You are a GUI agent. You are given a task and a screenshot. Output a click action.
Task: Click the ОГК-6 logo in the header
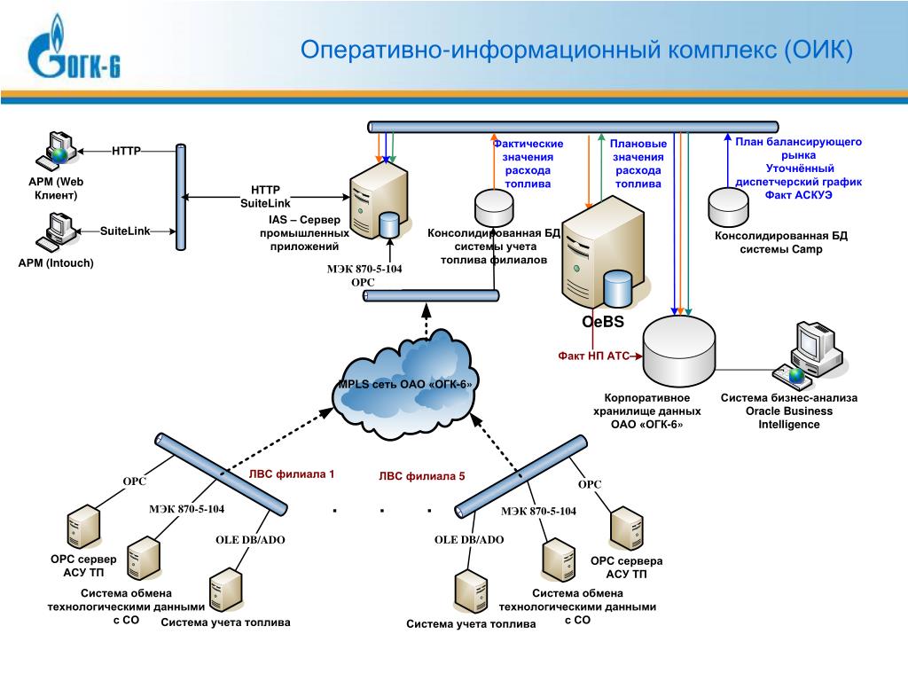click(x=74, y=48)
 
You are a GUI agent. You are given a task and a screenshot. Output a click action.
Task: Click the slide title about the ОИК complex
click(x=576, y=50)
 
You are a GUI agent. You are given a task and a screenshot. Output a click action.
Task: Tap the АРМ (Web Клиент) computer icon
click(x=56, y=149)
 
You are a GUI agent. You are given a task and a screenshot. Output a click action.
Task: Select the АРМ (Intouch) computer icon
click(x=56, y=232)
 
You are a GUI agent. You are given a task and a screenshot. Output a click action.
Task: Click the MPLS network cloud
click(x=404, y=384)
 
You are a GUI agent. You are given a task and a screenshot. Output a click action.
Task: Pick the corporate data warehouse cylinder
click(x=678, y=351)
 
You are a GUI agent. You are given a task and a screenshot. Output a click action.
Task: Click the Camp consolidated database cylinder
click(x=728, y=207)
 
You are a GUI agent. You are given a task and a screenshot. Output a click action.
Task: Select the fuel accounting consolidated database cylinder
click(x=494, y=207)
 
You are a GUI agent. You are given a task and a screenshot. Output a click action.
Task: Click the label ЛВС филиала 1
click(x=291, y=474)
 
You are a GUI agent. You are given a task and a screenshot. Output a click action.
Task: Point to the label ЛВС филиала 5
click(x=421, y=476)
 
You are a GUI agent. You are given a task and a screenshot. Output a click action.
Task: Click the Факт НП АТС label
click(x=593, y=356)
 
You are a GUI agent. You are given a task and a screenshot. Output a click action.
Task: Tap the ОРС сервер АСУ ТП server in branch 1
click(x=83, y=527)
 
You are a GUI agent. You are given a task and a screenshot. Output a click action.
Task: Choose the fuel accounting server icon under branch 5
click(x=471, y=591)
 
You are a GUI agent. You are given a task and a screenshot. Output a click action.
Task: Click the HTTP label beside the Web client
click(x=126, y=151)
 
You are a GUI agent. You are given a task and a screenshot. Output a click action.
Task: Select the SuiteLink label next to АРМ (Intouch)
click(x=125, y=231)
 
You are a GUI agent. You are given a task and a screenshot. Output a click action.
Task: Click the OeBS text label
click(x=603, y=322)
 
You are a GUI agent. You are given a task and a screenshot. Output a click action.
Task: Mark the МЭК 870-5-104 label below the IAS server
click(x=364, y=269)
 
